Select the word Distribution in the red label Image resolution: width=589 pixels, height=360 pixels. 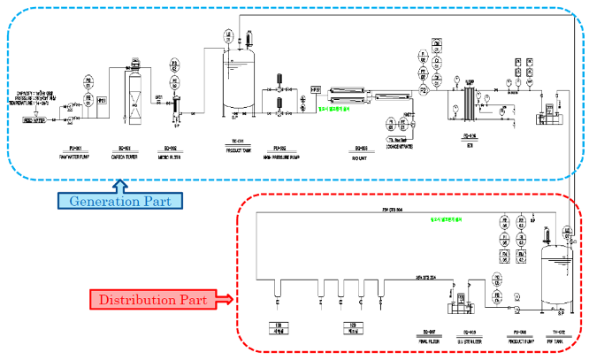[x=138, y=300]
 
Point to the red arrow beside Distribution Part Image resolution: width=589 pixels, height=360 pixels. [x=226, y=300]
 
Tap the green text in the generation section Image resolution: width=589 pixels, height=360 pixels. [x=334, y=110]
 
